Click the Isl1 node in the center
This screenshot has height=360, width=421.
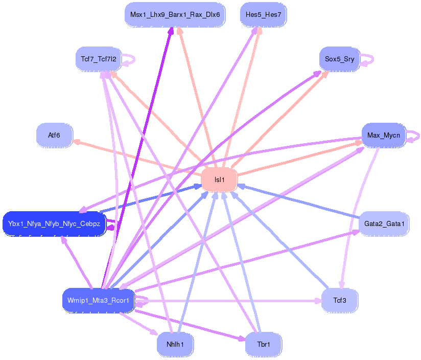(219, 180)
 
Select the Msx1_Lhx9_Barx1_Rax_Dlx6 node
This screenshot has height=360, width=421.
(175, 14)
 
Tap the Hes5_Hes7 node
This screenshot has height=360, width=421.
(263, 14)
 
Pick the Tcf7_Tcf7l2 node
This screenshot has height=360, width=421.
(98, 59)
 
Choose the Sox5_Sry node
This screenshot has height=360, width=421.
(339, 59)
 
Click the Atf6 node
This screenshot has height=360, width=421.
(54, 135)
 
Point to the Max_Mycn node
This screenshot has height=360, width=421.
(383, 135)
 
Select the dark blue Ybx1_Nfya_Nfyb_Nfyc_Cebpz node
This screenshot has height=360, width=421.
(54, 224)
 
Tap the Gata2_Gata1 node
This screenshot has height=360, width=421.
(384, 224)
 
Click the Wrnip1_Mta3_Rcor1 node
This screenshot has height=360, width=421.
(98, 300)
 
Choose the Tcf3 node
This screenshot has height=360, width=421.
(339, 300)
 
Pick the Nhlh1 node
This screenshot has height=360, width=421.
(175, 345)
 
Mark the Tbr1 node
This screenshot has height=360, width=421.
(263, 345)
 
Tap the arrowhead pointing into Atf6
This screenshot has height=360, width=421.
(76, 141)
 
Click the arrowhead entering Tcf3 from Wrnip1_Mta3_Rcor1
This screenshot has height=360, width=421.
(318, 300)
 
